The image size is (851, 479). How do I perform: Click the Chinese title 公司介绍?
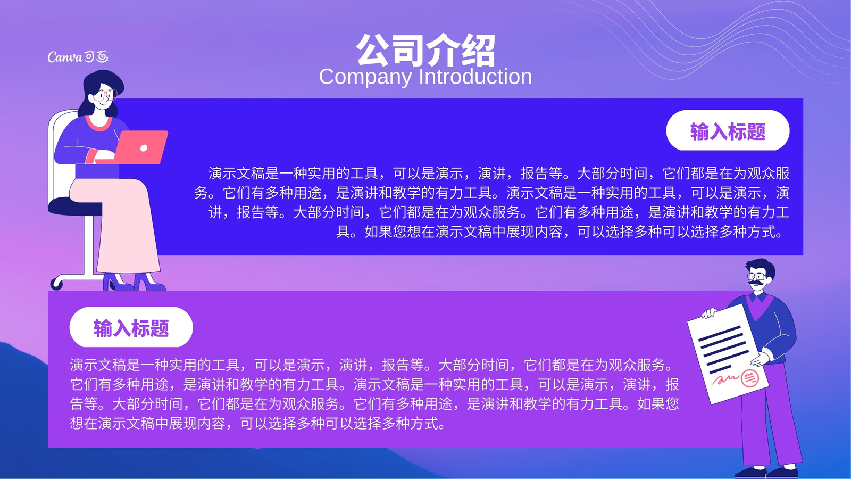(x=425, y=50)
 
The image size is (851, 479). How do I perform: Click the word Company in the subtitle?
(x=365, y=77)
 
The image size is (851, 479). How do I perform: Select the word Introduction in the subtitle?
(x=475, y=76)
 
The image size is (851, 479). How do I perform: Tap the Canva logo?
(x=78, y=57)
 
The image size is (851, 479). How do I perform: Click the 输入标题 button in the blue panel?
(x=728, y=130)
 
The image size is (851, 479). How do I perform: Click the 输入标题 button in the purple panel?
(x=131, y=327)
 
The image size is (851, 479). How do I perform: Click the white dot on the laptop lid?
(x=144, y=148)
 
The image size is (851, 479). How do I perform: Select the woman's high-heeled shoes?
(x=134, y=282)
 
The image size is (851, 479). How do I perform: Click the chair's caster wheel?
(x=56, y=284)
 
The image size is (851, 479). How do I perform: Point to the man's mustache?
(x=756, y=283)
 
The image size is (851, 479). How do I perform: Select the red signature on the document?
(x=725, y=379)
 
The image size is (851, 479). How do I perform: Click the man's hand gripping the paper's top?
(x=709, y=313)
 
